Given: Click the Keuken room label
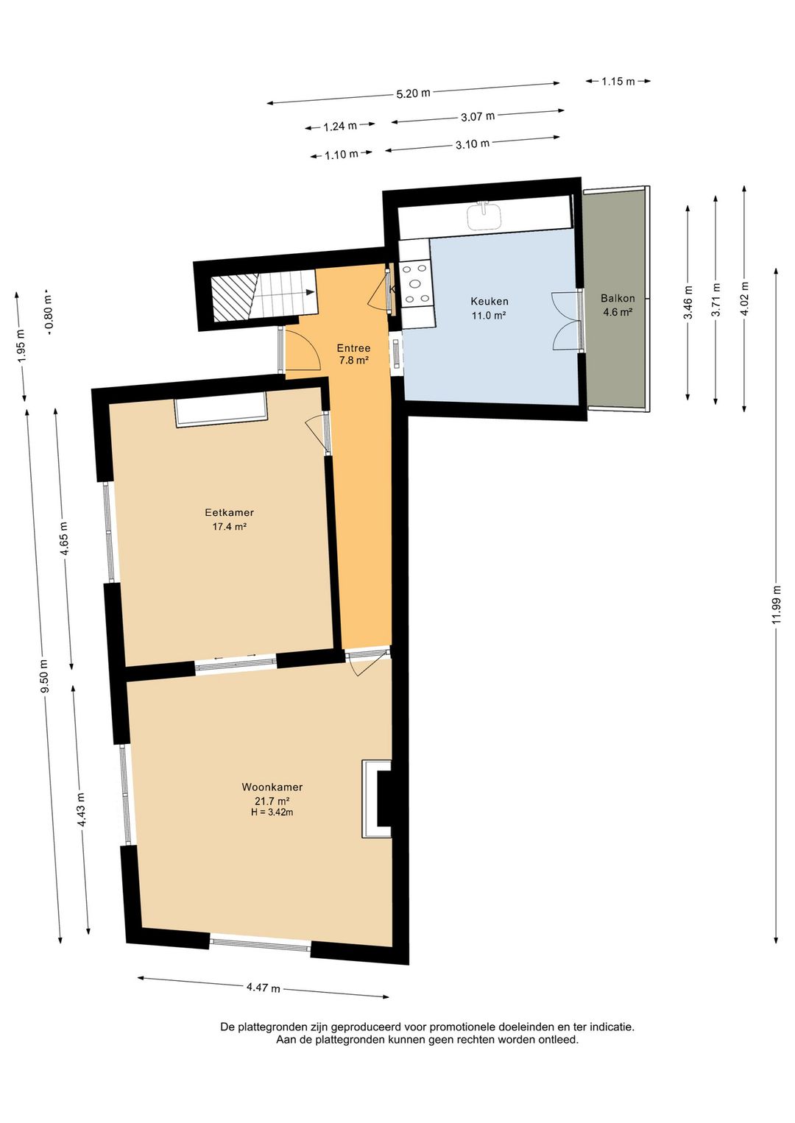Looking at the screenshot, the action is coord(489,301).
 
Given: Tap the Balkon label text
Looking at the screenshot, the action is coord(618,298).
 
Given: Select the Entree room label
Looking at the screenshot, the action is coord(353,348).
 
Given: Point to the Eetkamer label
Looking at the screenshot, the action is coord(229,512).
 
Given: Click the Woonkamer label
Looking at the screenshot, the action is coord(272,787).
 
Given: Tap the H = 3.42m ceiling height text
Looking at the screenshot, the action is coord(272,812).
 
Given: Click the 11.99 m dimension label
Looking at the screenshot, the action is coord(777,605).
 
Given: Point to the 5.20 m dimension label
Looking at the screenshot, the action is coord(413,93).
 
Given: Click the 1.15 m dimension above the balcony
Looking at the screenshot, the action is coord(618,81).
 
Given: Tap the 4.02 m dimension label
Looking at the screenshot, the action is coord(746,299).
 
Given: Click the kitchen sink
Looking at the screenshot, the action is coord(484,216).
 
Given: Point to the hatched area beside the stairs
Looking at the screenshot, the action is coord(232,299).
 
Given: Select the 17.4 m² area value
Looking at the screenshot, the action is coord(229,526).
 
